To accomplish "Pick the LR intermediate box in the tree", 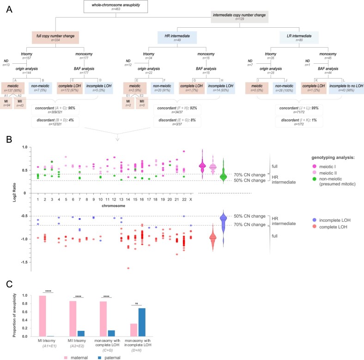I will pyautogui.click(x=292, y=37).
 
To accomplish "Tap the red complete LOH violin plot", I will pyautogui.click(x=213, y=238).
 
